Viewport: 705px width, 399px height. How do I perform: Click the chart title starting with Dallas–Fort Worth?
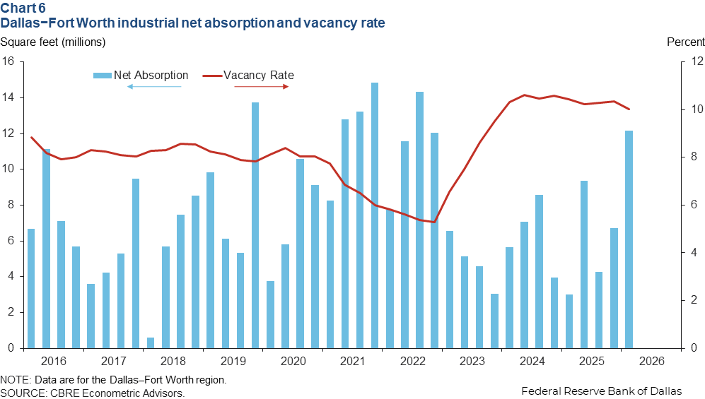pyautogui.click(x=193, y=23)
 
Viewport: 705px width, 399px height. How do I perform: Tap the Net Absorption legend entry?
pyautogui.click(x=151, y=75)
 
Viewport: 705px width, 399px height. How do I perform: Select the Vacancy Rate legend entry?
pyautogui.click(x=258, y=75)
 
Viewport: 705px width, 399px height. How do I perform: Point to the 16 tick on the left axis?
pyautogui.click(x=8, y=61)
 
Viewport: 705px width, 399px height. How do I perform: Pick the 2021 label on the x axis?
pyautogui.click(x=352, y=362)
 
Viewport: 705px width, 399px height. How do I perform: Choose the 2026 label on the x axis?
pyautogui.click(x=651, y=362)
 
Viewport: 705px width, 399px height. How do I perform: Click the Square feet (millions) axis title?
pyautogui.click(x=53, y=42)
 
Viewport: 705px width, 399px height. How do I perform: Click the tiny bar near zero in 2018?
pyautogui.click(x=151, y=343)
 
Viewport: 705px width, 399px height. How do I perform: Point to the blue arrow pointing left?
pyautogui.click(x=154, y=86)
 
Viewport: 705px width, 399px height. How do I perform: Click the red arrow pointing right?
pyautogui.click(x=262, y=86)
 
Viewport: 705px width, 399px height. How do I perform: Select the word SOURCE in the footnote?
pyautogui.click(x=21, y=393)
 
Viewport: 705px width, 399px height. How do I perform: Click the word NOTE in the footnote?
pyautogui.click(x=15, y=380)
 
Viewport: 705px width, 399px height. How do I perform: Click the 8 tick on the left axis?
pyautogui.click(x=11, y=206)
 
